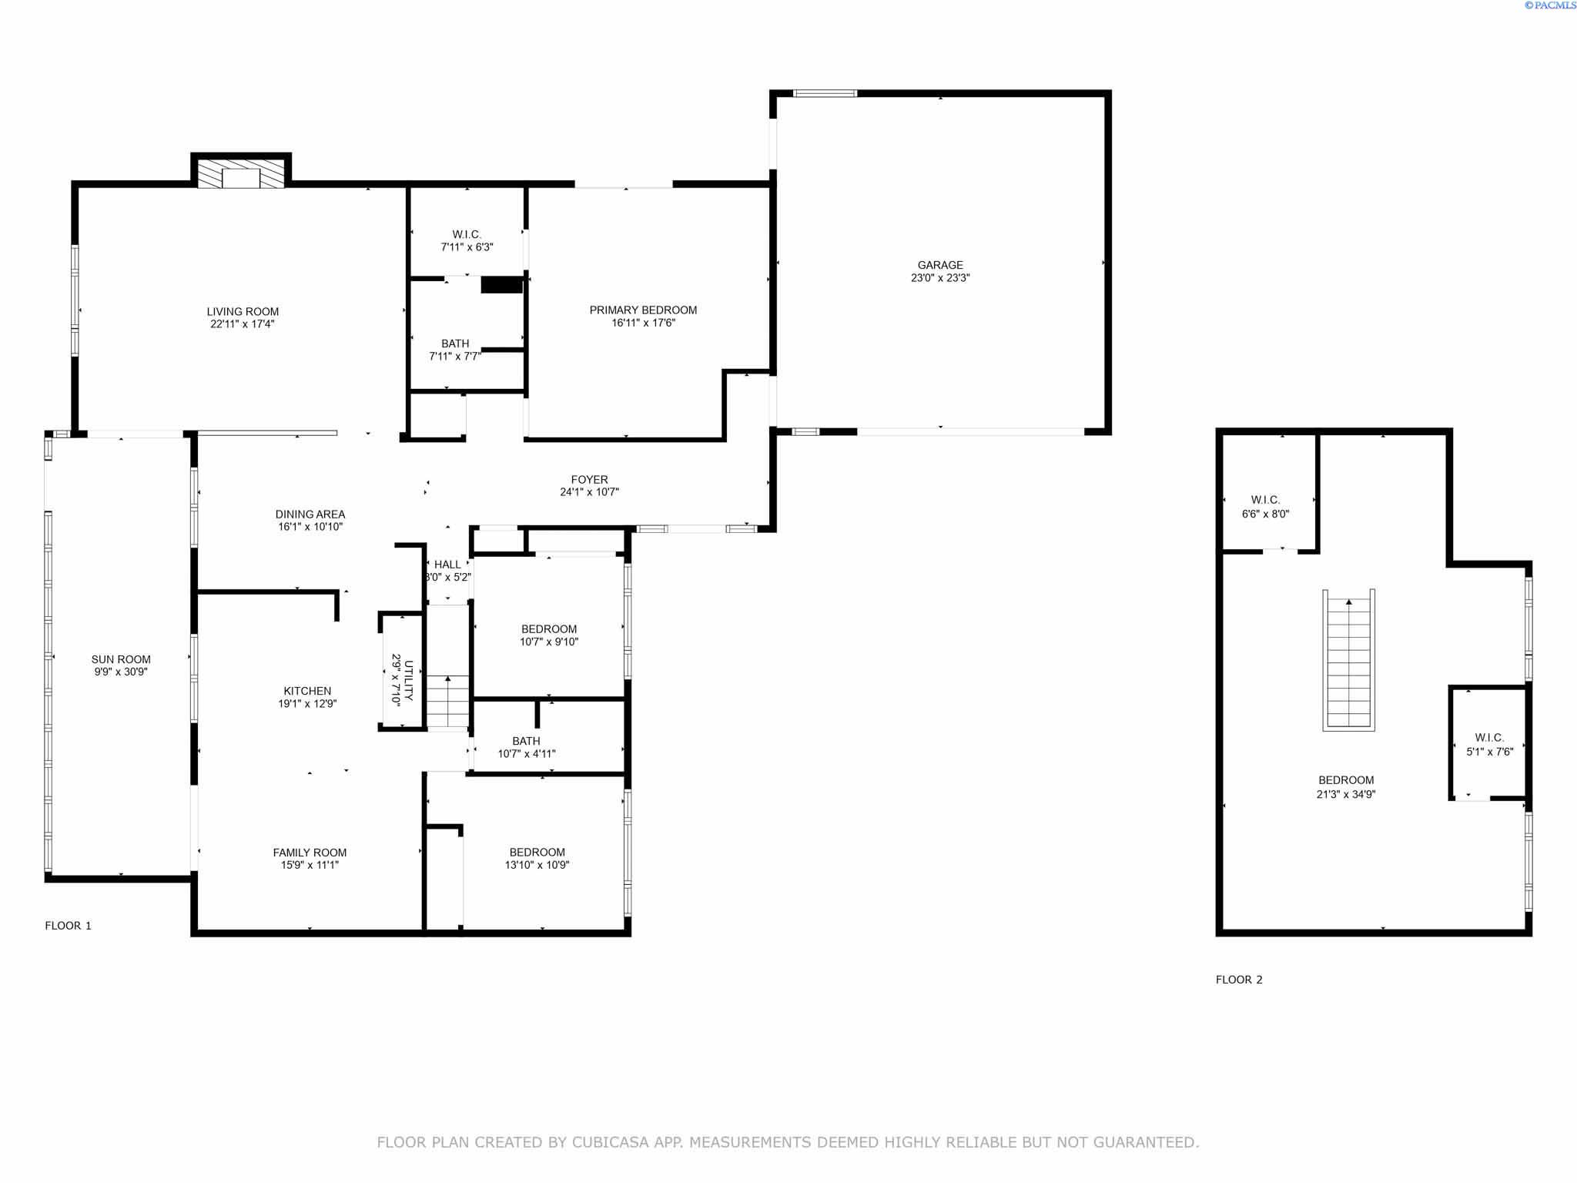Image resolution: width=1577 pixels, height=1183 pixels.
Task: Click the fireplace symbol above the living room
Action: coord(241,173)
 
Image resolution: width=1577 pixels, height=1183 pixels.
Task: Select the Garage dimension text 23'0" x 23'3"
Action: coord(940,278)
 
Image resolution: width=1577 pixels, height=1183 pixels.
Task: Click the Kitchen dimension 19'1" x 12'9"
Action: coord(307,704)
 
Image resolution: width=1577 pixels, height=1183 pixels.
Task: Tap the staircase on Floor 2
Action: coord(1349,660)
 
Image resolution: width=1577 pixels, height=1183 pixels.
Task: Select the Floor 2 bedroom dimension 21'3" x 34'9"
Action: coord(1346,795)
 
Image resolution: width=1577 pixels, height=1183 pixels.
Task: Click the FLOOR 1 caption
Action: coord(69,926)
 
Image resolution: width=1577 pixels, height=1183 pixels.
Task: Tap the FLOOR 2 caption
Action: coord(1239,980)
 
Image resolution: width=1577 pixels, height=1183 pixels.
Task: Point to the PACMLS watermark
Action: coord(1550,5)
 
